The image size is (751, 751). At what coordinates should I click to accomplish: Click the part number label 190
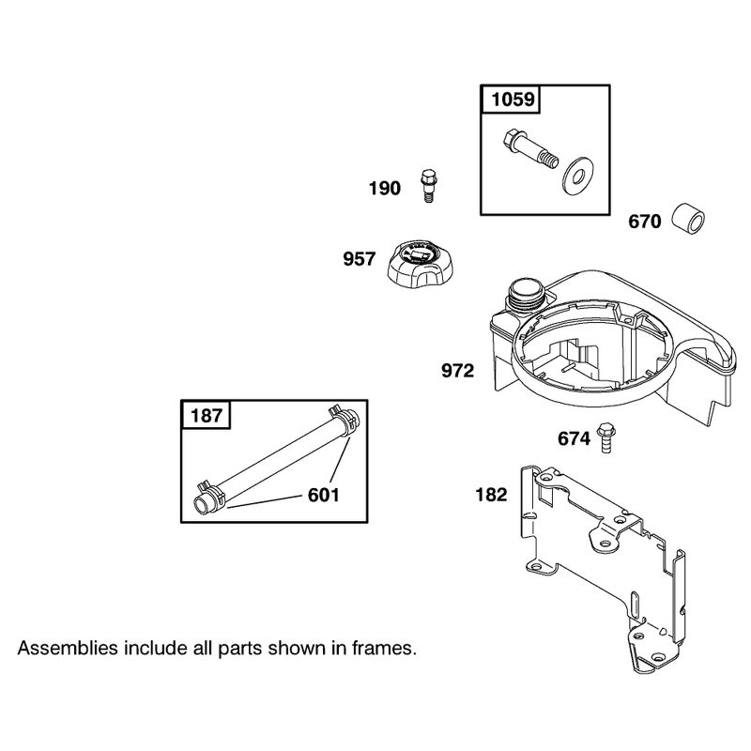[x=384, y=189]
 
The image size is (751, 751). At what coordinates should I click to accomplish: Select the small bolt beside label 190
[x=428, y=185]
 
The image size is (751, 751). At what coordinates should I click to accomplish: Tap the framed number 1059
[x=513, y=100]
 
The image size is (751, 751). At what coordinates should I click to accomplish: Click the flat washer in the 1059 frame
[x=577, y=175]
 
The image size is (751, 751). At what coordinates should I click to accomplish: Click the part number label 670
[x=645, y=222]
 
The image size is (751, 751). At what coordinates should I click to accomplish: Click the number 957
[x=360, y=259]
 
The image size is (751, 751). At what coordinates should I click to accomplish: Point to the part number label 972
[x=457, y=371]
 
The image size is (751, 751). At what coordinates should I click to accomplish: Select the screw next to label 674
[x=605, y=437]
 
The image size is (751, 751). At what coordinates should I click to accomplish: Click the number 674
[x=574, y=438]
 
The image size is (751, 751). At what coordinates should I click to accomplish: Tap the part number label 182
[x=491, y=495]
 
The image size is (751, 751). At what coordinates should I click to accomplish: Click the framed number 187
[x=207, y=415]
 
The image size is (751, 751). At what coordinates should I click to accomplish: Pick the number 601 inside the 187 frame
[x=323, y=496]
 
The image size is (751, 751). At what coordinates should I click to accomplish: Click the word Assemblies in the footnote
[x=68, y=648]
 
